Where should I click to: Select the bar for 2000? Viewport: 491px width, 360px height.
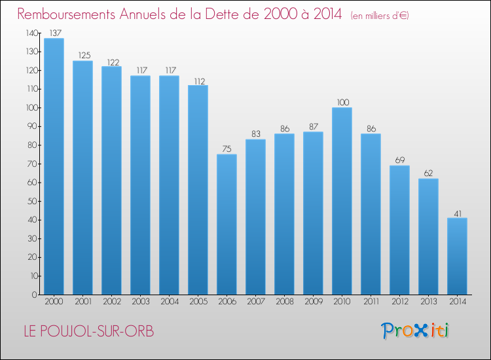click(x=54, y=166)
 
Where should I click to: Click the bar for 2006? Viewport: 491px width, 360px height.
click(x=227, y=224)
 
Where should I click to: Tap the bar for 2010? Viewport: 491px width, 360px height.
click(x=342, y=201)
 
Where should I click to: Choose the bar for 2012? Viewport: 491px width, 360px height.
click(x=399, y=230)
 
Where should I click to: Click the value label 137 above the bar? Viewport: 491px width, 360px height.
click(x=54, y=33)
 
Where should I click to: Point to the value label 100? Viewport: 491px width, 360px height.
click(x=342, y=102)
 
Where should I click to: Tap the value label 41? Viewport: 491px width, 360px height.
click(x=457, y=213)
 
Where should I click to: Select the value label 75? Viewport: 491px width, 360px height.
click(x=227, y=149)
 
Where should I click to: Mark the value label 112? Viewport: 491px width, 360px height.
click(x=198, y=81)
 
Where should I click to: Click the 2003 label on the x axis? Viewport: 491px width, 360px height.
click(x=140, y=302)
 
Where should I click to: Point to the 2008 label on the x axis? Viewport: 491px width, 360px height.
click(x=284, y=302)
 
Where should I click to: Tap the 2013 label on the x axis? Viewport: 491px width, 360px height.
click(x=428, y=302)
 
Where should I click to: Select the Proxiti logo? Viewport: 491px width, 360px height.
click(x=415, y=331)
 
